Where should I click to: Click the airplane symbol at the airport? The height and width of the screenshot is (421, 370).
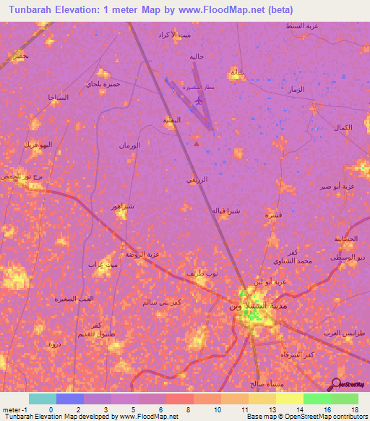[200, 101]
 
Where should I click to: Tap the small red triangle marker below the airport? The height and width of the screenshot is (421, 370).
[197, 143]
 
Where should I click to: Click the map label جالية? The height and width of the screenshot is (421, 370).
[197, 56]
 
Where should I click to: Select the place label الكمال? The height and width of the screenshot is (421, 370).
[343, 128]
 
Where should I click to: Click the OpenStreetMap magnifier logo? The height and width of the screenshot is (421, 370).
[337, 384]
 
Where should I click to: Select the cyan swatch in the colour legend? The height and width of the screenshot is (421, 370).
[42, 399]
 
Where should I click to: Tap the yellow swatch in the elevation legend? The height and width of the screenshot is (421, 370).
[289, 399]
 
